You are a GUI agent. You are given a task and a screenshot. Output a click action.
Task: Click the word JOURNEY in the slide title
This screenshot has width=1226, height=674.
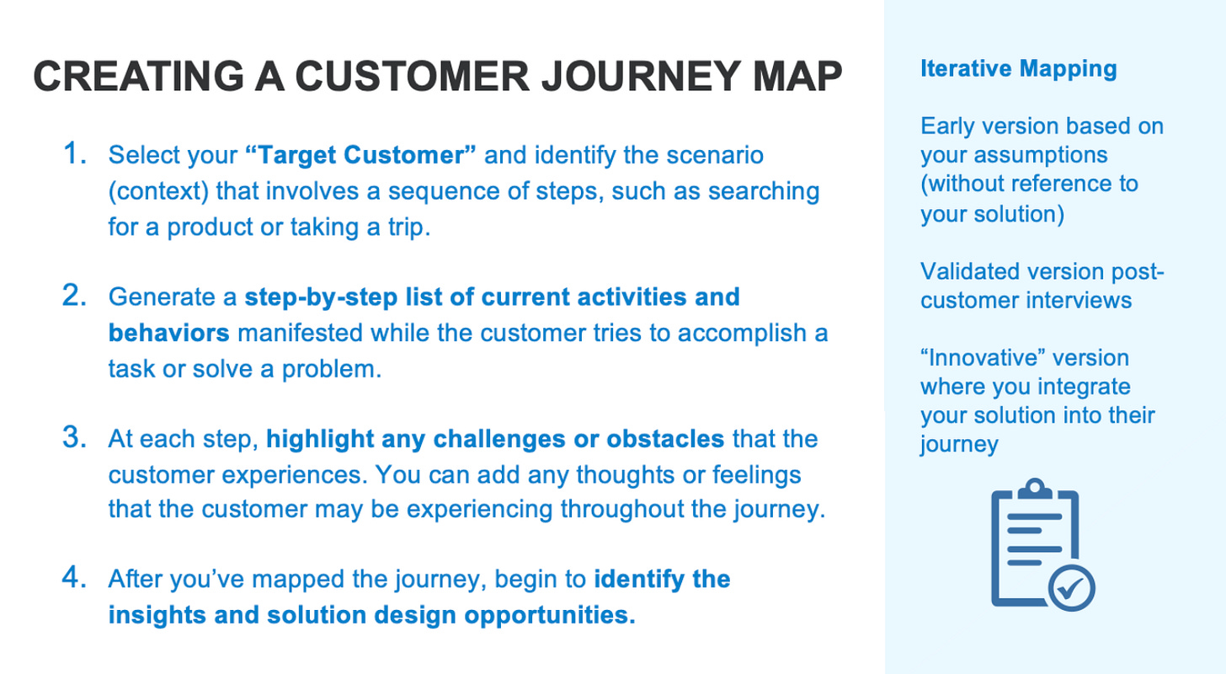pos(640,76)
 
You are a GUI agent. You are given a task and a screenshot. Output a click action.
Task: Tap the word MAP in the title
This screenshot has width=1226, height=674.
pos(797,76)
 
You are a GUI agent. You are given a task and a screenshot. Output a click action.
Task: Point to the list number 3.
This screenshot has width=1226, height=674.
pos(74,437)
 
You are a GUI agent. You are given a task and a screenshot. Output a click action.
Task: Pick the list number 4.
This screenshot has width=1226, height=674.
pos(74,578)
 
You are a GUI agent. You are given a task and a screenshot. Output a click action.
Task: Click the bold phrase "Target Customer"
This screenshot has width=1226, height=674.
pos(360,154)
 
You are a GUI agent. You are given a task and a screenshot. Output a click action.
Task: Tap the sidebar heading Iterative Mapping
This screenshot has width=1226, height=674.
pos(1019,69)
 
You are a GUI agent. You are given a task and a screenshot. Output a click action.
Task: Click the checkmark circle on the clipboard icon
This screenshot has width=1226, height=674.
pos(1072,588)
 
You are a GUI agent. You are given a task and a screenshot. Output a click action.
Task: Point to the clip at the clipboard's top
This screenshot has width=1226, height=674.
pos(1034,489)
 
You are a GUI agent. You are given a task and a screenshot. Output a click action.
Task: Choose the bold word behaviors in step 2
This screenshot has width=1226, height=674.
pos(168,333)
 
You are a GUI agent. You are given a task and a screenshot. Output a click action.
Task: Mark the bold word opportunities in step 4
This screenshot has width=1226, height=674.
pos(550,616)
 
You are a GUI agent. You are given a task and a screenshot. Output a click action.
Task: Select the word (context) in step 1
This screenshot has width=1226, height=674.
pos(158,191)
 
